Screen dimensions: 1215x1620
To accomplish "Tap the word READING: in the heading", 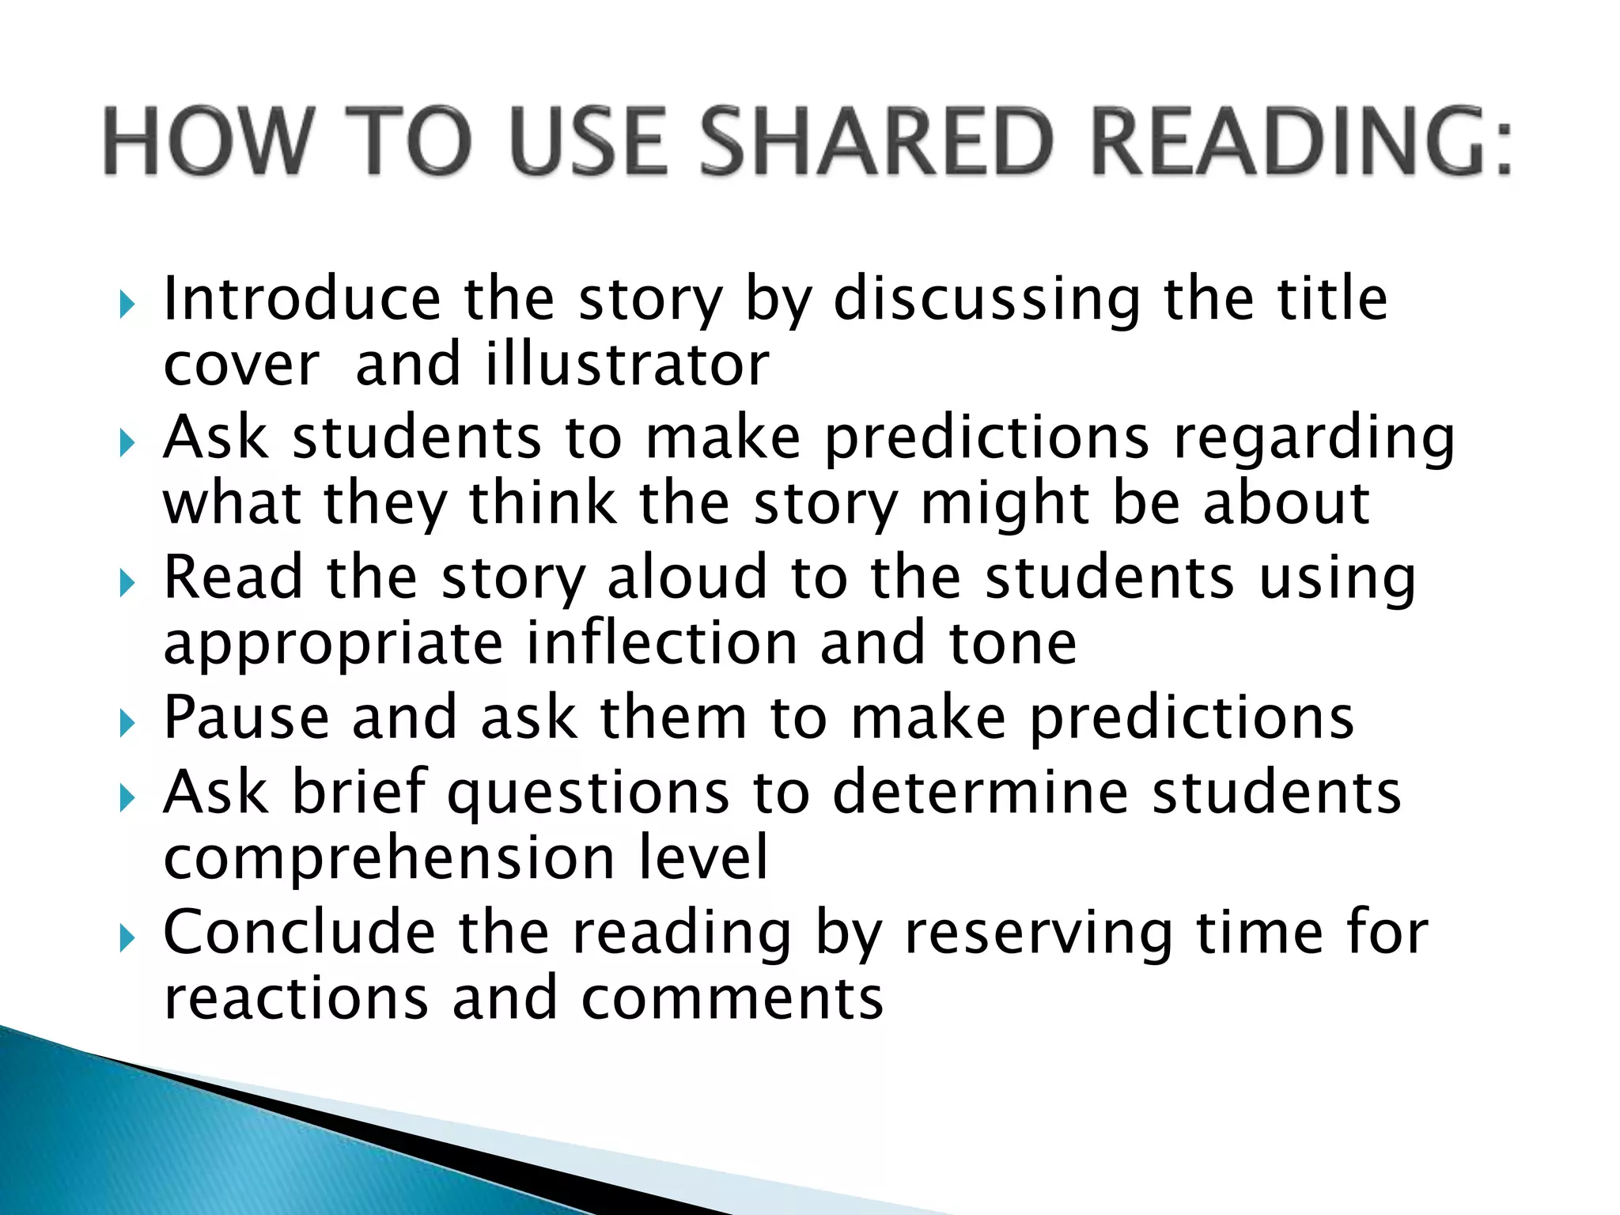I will (1302, 142).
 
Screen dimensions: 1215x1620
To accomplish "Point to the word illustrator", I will (627, 365).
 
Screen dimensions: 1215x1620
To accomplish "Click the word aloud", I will (687, 577).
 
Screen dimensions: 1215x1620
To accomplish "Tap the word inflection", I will (662, 642).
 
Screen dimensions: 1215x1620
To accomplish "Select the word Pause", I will (246, 717).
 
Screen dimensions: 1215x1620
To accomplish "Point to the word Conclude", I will (299, 933).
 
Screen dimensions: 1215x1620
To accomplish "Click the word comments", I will (732, 998).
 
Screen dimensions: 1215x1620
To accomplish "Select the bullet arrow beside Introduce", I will (127, 304).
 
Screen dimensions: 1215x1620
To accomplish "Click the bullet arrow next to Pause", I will (127, 722).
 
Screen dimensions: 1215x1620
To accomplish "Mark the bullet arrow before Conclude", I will (127, 939).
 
